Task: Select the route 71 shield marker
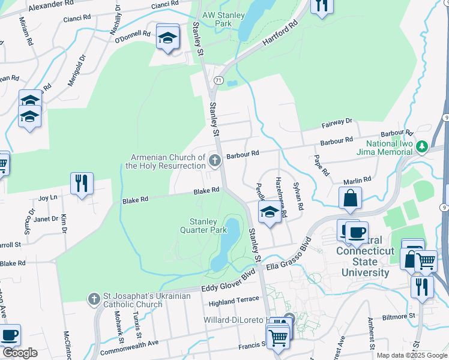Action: click(x=218, y=80)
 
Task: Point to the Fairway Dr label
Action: click(x=336, y=122)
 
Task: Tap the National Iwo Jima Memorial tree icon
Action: click(x=421, y=145)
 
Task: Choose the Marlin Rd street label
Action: click(x=357, y=179)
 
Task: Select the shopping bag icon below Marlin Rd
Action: click(x=350, y=199)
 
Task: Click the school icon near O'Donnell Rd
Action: click(x=167, y=38)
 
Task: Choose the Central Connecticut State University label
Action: click(x=365, y=261)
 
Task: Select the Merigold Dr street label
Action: click(x=77, y=71)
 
